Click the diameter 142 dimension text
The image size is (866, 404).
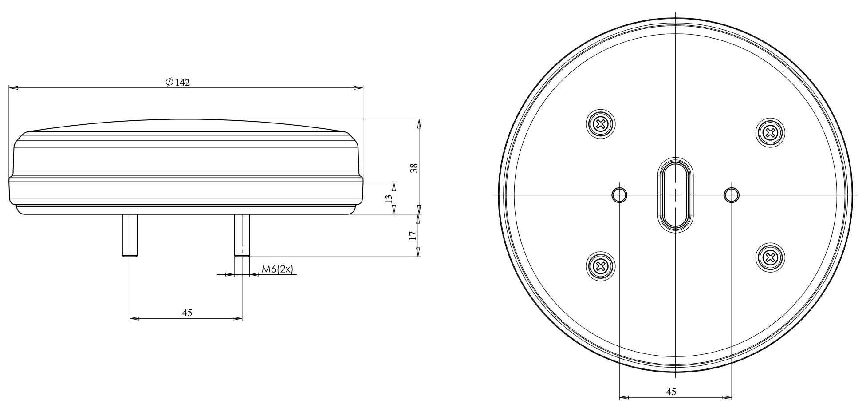coord(178,83)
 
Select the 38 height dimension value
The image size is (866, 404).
coord(413,167)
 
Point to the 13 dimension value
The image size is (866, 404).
coord(388,198)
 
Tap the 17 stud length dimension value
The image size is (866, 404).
coord(412,235)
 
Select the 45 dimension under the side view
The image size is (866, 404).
coord(187,313)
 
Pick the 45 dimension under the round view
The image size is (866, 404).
coord(671,392)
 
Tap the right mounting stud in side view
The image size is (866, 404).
coord(242,235)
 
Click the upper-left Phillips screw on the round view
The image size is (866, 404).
coord(601,123)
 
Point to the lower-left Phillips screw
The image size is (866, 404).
coord(601,266)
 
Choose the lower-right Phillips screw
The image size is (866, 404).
coord(770,257)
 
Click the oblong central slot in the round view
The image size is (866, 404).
coord(675,195)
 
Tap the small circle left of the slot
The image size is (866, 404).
coord(619,194)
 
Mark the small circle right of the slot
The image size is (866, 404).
coord(731,194)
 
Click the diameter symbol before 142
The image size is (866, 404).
coord(169,83)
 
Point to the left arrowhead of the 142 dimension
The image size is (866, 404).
coord(13,88)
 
